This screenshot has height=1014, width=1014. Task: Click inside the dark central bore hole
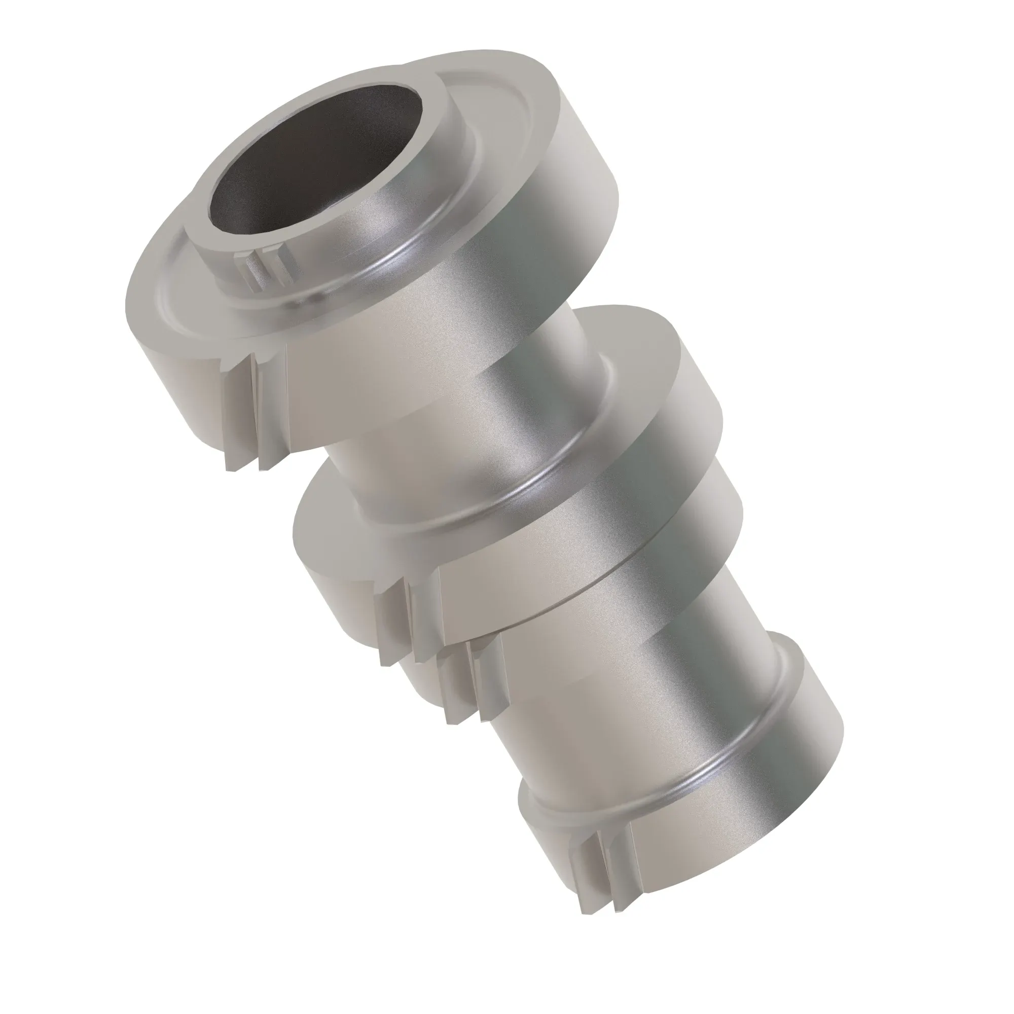(x=315, y=158)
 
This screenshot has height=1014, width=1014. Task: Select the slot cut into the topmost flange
(x=247, y=409)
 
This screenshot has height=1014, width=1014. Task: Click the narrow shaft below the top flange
(x=473, y=420)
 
